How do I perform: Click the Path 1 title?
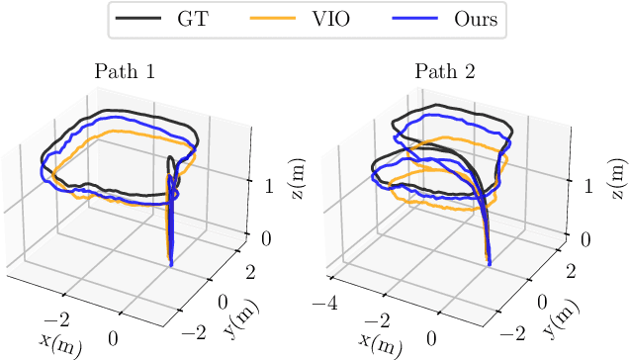coord(125,71)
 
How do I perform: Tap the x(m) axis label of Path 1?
coord(60,342)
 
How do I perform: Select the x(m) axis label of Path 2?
coord(380,342)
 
